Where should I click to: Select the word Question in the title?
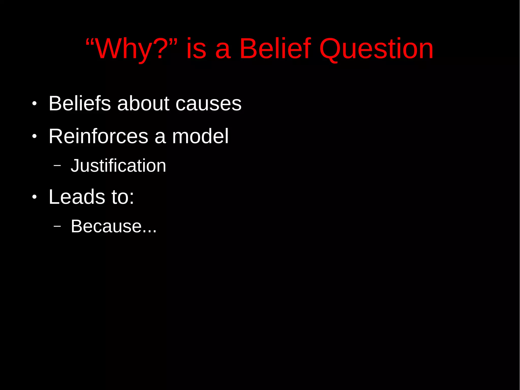pyautogui.click(x=376, y=49)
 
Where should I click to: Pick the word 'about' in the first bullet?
pyautogui.click(x=143, y=103)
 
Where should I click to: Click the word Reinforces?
pyautogui.click(x=99, y=136)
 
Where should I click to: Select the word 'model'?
pyautogui.click(x=200, y=136)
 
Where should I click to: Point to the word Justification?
pyautogui.click(x=118, y=166)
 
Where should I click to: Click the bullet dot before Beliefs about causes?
pyautogui.click(x=35, y=104)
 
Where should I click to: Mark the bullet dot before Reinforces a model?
pyautogui.click(x=35, y=136)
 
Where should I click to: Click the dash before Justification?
pyautogui.click(x=57, y=166)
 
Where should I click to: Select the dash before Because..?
pyautogui.click(x=57, y=226)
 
